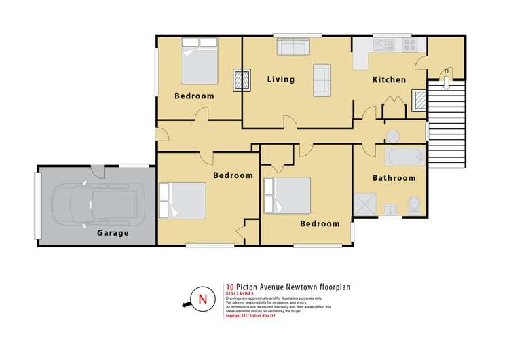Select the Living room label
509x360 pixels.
[x=280, y=79]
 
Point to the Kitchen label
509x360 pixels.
[x=389, y=79]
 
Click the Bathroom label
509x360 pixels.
[x=394, y=178]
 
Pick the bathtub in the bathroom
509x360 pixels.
[x=404, y=158]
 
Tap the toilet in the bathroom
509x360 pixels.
[x=413, y=204]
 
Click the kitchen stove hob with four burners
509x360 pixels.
[x=410, y=45]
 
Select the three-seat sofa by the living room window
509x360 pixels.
[x=293, y=46]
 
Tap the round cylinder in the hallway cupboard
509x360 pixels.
[x=394, y=133]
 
